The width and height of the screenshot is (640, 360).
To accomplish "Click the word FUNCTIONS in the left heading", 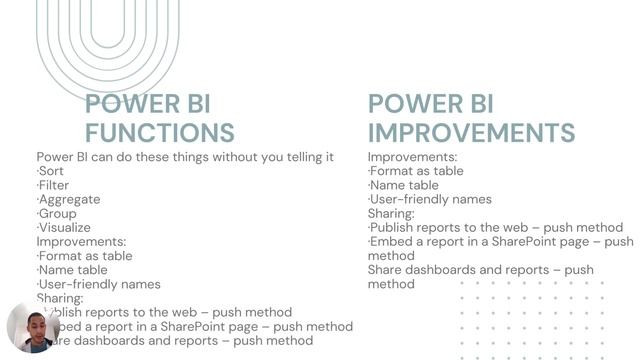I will click(160, 132).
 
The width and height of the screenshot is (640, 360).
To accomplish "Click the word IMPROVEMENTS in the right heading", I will click(471, 132).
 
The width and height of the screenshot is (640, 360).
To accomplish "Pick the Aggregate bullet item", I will click(69, 199).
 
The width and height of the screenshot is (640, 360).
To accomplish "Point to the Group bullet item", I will click(57, 213).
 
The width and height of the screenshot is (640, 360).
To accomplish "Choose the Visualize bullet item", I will click(64, 227).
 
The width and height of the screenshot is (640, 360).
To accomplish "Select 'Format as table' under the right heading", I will click(416, 171).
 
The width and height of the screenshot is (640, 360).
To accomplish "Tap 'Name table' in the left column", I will click(72, 270).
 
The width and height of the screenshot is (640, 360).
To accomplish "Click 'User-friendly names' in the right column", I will click(430, 199).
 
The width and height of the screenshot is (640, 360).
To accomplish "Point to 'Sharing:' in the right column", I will click(391, 213).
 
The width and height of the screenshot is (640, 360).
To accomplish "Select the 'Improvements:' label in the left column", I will click(81, 241).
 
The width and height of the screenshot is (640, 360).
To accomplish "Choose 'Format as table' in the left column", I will click(85, 256).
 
